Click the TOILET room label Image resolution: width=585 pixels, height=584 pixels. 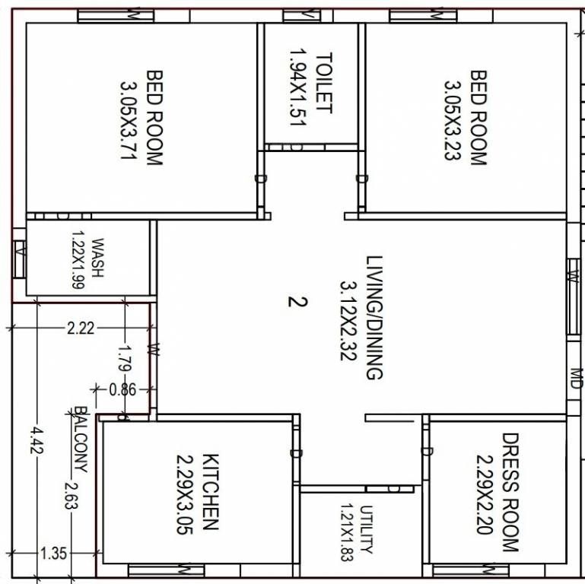[324, 82]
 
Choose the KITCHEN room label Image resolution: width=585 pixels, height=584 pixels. [211, 491]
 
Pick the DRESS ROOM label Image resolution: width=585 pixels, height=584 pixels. [509, 492]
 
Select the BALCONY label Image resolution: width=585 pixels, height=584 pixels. [80, 439]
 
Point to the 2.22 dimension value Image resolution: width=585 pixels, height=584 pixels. [81, 328]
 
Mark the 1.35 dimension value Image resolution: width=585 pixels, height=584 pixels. [52, 553]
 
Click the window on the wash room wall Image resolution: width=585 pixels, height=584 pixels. [20, 259]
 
